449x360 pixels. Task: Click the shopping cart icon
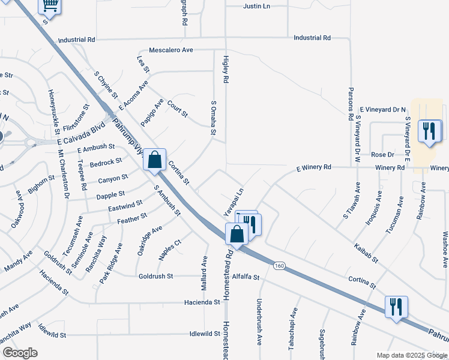[x=50, y=6]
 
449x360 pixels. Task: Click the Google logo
[x=20, y=353]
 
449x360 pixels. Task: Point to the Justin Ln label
[x=257, y=6]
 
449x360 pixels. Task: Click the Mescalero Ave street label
[x=171, y=50]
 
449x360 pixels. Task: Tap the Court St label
[x=178, y=108]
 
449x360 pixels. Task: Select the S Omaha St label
[x=213, y=118]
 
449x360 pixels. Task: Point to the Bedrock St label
[x=106, y=163]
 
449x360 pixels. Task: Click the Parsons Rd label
[x=351, y=104]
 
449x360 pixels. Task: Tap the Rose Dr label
[x=382, y=154]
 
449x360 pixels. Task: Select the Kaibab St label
[x=366, y=253]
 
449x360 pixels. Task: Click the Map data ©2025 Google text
[x=411, y=355]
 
